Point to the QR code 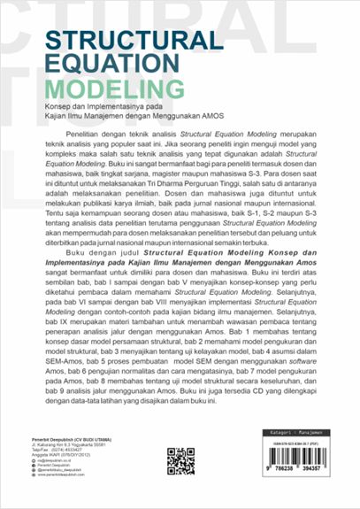tap(180, 462)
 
